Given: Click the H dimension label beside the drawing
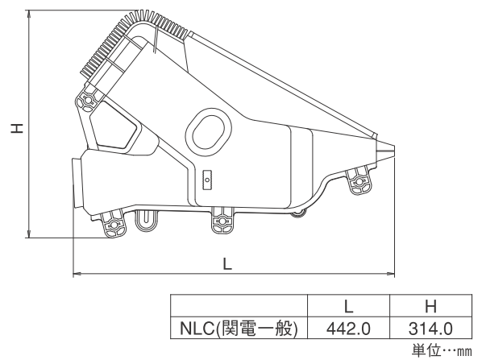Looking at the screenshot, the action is point(17,128).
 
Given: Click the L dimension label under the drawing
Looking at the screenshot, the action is point(227,263).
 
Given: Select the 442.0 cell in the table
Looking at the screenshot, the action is point(348,329).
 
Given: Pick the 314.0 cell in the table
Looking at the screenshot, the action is point(430,329).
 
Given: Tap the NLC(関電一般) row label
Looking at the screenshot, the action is point(239,329).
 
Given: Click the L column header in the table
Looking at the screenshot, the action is point(348,306).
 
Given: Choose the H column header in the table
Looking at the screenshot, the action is point(430,306).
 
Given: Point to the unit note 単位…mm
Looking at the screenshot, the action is point(442,350).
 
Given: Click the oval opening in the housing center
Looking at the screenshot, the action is point(209,131).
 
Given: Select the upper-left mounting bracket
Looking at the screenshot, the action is point(88,98).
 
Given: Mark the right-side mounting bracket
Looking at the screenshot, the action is point(359,180).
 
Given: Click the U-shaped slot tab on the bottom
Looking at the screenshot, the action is point(147,221).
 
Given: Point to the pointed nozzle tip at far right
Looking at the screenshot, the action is point(394,148).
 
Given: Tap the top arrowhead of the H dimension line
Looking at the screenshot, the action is point(29,13).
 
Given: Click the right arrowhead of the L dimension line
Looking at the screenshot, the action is point(393,272).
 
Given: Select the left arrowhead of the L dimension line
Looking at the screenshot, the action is point(75,272).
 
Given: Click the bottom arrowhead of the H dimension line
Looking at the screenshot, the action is point(29,235).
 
